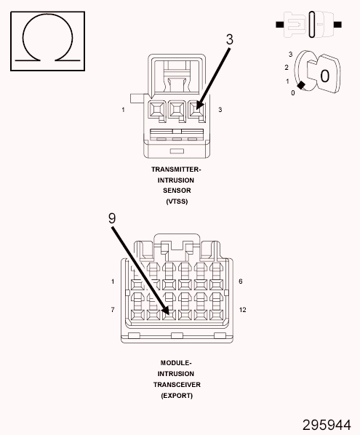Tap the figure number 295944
pos(327,425)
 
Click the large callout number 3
pos(229,39)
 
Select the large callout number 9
pos(112,218)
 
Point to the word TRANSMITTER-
pos(176,169)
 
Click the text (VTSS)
pos(177,201)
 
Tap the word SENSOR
pos(177,191)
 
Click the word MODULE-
pos(176,363)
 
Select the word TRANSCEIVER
pos(177,385)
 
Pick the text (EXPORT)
pos(177,396)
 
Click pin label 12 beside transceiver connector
pos(242,310)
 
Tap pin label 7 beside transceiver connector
pos(113,310)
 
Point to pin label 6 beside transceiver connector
pos(241,282)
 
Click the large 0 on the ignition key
pos(325,76)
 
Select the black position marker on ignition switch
pos(301,85)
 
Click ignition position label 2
pos(287,68)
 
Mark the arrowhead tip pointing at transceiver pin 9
pos(169,314)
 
